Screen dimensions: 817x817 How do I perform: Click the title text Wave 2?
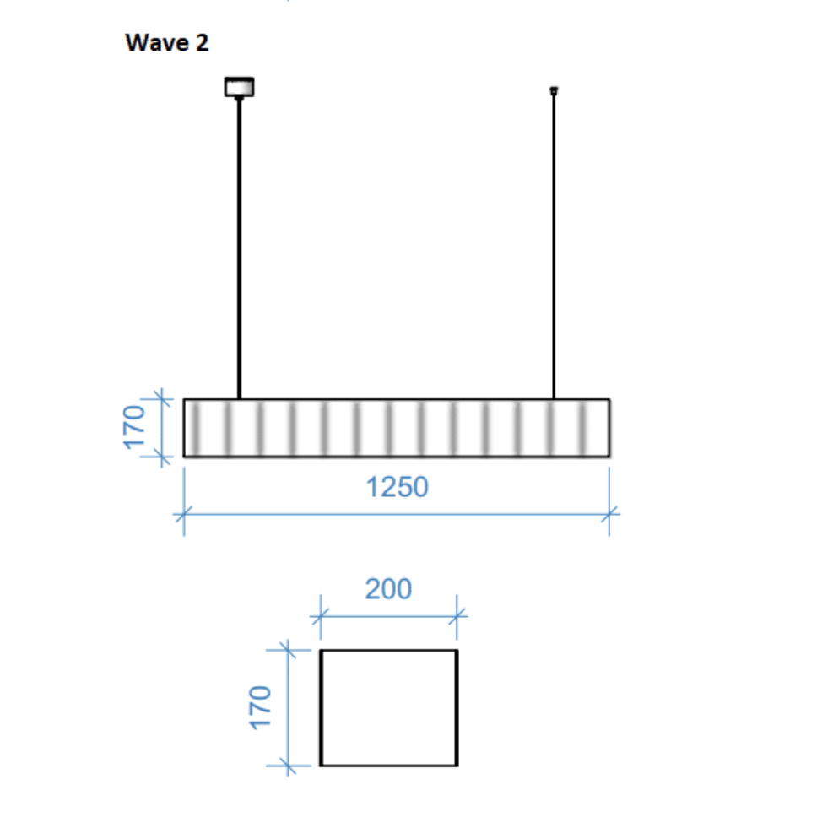point(166,43)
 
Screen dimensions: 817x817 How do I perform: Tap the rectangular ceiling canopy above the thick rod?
point(239,86)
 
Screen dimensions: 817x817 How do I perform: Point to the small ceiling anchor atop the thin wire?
point(554,89)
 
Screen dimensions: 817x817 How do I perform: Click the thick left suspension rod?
point(240,245)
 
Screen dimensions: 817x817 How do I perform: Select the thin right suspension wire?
point(554,245)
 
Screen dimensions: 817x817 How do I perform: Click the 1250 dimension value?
point(397,487)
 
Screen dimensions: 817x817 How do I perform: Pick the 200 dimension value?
point(388,588)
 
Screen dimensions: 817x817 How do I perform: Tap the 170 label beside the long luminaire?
point(135,428)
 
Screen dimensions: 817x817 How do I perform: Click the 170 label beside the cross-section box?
point(260,707)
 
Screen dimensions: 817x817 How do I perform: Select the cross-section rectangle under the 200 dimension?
point(388,707)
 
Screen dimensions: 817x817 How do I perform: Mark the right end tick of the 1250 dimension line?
point(609,511)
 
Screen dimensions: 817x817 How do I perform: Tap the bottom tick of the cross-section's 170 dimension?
point(289,766)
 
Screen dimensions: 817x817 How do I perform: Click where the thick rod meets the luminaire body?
point(240,398)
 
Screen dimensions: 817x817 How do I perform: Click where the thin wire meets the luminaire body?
point(554,398)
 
